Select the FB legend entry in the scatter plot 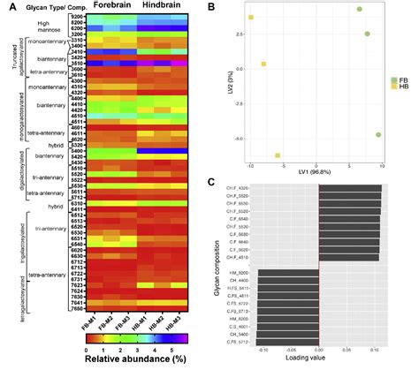point(399,80)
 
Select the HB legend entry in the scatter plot point(399,88)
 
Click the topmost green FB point point(360,9)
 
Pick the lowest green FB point point(379,135)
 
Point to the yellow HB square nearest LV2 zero point(263,64)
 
